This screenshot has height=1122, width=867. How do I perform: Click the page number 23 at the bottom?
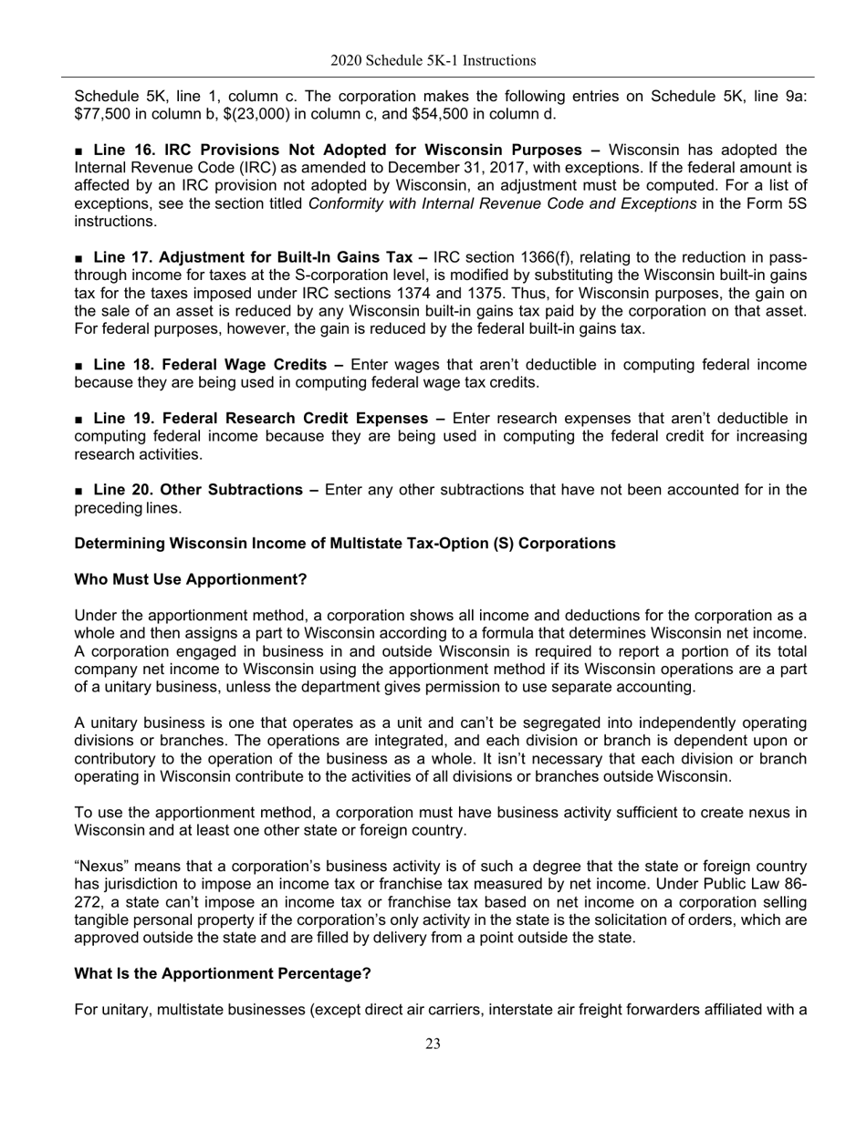[x=433, y=1044]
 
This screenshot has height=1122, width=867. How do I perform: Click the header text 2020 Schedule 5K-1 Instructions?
[x=433, y=61]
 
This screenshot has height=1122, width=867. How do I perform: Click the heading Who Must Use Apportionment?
[x=190, y=579]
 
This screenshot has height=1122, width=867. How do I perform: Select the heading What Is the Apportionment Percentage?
[x=222, y=973]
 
